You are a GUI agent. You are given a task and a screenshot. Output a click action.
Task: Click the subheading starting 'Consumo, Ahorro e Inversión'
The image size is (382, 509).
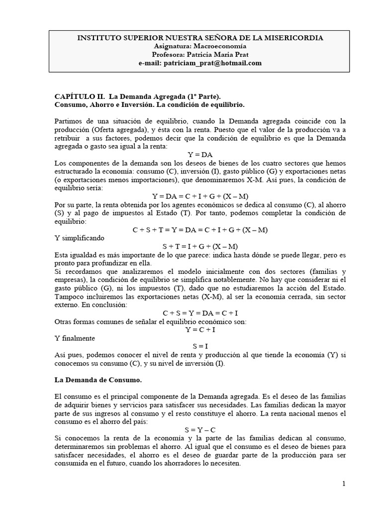click(x=149, y=105)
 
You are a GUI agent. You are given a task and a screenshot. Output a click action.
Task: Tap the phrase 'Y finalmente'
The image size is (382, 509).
click(x=75, y=338)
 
